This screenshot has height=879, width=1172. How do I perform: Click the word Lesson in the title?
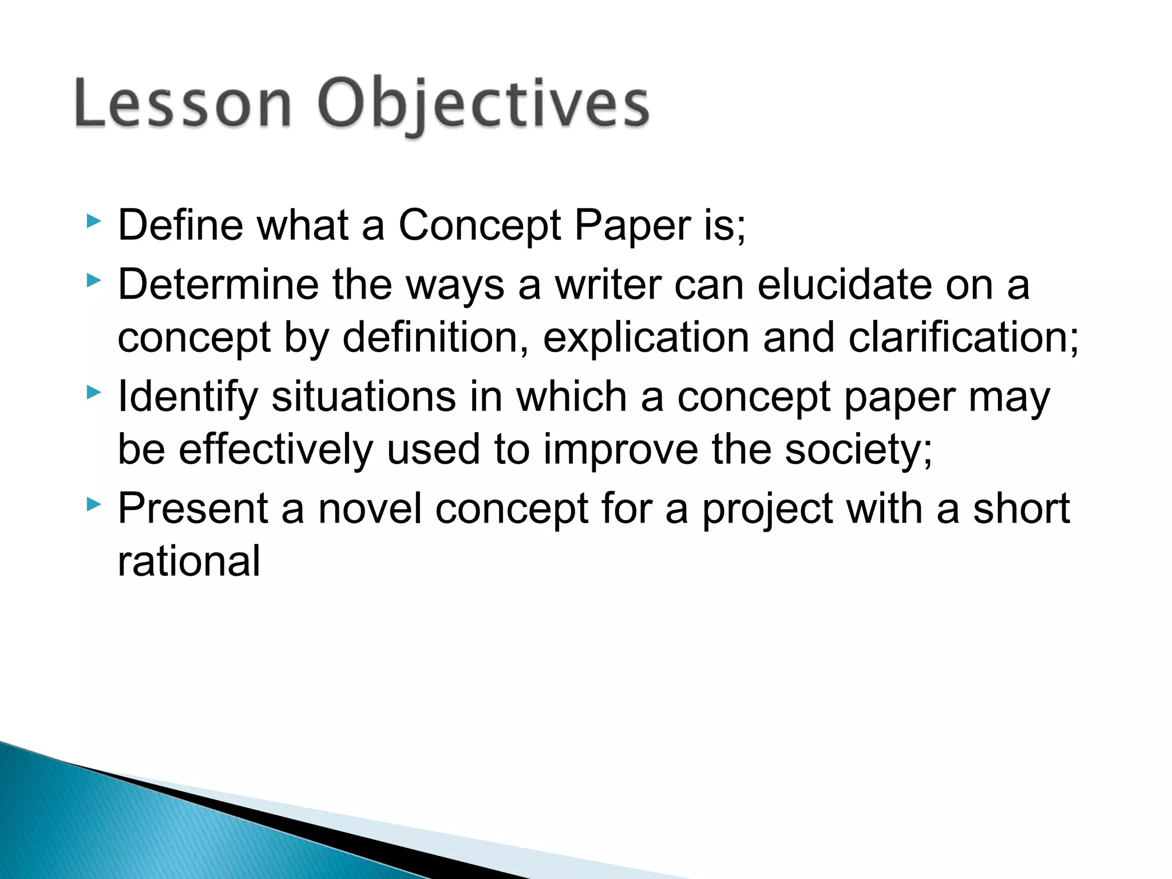[x=183, y=104]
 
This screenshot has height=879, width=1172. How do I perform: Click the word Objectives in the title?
[x=484, y=106]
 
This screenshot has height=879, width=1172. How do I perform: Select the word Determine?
[x=217, y=284]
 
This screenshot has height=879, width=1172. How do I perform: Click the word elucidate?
[x=845, y=284]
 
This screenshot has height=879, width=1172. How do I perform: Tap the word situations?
[x=363, y=397]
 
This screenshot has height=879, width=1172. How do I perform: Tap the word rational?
[x=189, y=561]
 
